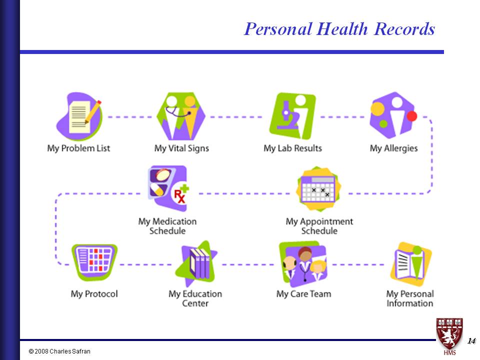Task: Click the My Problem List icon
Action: click(79, 116)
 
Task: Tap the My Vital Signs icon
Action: click(180, 116)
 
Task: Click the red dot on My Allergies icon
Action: click(411, 116)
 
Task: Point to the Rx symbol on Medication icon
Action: click(179, 196)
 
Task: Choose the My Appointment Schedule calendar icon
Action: click(318, 189)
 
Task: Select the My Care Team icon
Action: click(303, 264)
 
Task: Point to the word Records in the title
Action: click(404, 29)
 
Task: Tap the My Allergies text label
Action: click(393, 148)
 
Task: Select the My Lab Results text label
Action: click(292, 148)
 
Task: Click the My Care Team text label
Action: click(303, 294)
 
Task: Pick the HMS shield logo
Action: click(449, 336)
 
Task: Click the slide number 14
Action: click(471, 340)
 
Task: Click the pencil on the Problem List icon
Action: click(93, 112)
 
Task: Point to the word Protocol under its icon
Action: click(101, 294)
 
